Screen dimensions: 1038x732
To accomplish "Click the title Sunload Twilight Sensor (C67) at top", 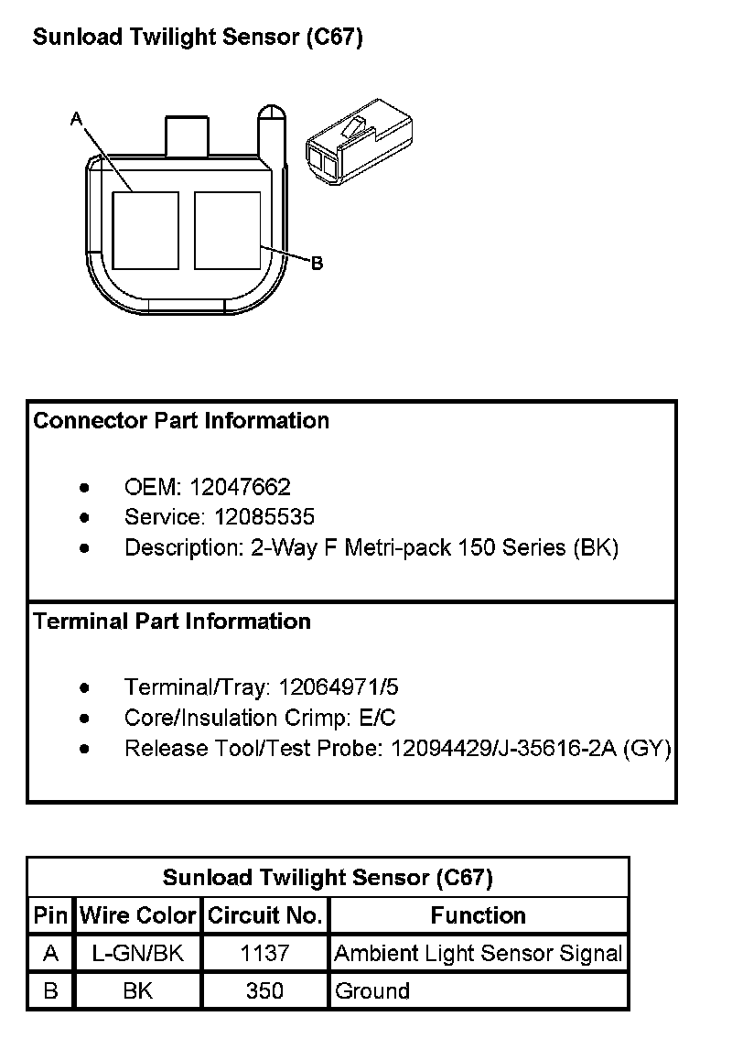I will [x=198, y=38].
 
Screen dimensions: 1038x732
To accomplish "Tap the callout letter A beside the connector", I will [x=76, y=118].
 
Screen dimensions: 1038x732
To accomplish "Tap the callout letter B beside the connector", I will [x=317, y=264].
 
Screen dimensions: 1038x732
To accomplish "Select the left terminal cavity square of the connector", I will [x=145, y=230].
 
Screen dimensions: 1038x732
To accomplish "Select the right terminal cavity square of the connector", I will [x=228, y=230].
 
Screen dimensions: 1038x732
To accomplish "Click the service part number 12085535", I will [x=264, y=517].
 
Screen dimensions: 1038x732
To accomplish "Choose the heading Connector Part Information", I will [x=181, y=421].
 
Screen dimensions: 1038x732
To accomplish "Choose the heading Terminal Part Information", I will [x=172, y=622].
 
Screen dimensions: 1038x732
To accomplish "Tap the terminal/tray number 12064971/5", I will [x=339, y=687].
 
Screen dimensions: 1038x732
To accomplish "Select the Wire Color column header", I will [x=138, y=915].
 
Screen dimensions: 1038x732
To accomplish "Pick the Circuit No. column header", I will [x=264, y=915].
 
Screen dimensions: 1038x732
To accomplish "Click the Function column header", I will [x=478, y=915].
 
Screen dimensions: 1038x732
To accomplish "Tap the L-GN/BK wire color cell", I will [x=138, y=954].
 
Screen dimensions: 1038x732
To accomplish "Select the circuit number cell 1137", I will [x=264, y=954].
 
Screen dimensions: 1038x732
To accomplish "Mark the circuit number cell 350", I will [x=264, y=991].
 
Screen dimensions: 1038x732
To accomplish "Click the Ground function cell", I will [x=372, y=991].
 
